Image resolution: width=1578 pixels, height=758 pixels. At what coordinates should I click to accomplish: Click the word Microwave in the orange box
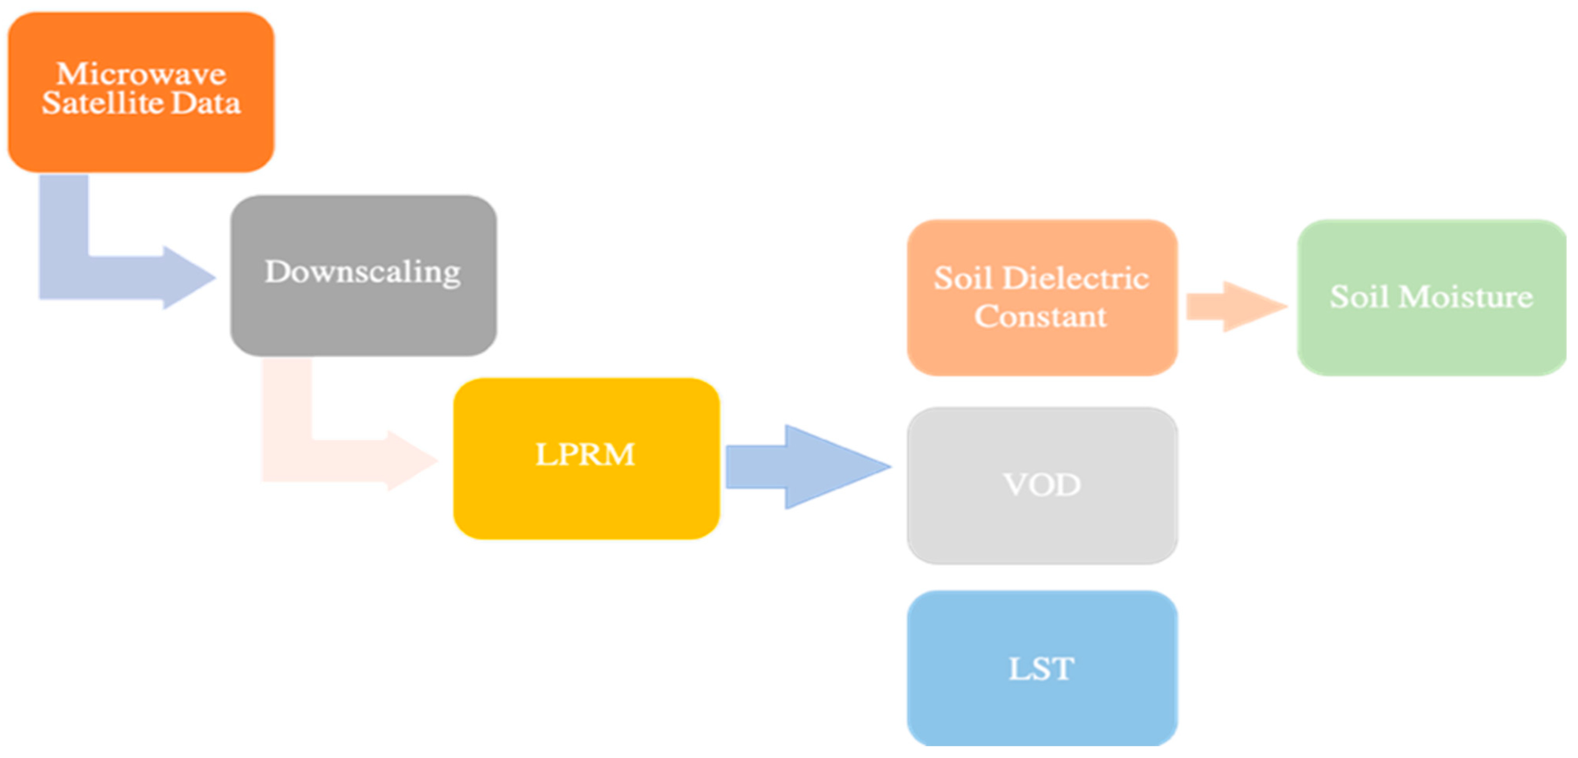click(141, 74)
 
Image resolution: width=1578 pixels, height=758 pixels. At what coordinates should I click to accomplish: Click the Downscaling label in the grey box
click(362, 272)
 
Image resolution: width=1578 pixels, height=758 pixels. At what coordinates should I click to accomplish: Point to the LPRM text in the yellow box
click(585, 455)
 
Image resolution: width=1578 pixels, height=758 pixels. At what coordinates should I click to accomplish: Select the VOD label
click(1041, 485)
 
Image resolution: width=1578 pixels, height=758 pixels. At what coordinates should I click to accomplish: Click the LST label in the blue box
click(1041, 669)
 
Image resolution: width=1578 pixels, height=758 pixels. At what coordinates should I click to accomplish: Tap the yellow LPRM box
click(585, 502)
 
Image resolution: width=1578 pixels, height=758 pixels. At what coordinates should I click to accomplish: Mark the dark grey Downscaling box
click(363, 319)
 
